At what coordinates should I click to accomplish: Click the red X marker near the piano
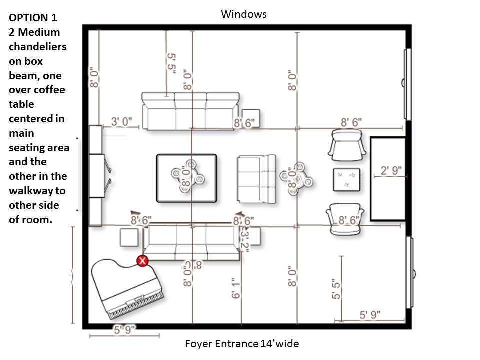click(143, 260)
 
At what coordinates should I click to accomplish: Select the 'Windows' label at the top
click(244, 14)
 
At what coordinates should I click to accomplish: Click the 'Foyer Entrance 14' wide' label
click(242, 344)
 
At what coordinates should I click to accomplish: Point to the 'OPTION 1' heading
click(33, 18)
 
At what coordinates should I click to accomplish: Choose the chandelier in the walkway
click(296, 178)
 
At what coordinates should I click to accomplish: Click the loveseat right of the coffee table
click(256, 178)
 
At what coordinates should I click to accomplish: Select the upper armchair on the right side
click(346, 144)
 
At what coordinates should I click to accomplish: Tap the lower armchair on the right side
click(344, 219)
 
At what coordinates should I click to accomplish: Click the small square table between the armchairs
click(347, 180)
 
